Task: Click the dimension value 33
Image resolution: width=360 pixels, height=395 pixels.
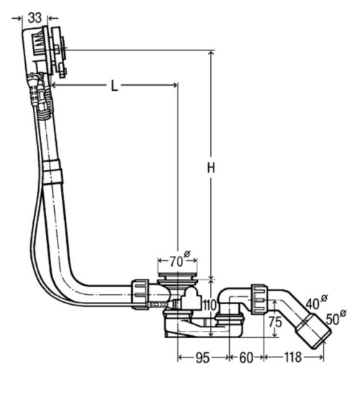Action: (x=35, y=18)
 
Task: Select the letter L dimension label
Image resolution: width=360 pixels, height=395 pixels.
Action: (x=114, y=86)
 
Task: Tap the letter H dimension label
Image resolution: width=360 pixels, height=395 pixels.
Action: (x=211, y=168)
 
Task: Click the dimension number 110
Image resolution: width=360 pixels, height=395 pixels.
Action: (x=210, y=305)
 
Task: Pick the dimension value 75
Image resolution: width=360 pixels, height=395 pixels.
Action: (x=275, y=321)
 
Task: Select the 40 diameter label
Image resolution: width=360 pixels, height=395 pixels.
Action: (x=316, y=302)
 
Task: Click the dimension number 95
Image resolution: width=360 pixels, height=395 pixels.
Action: (x=202, y=358)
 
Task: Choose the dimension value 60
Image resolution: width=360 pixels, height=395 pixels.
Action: (x=246, y=358)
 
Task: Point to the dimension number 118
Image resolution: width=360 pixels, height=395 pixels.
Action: (x=293, y=358)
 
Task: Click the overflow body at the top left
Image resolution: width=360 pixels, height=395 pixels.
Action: (x=44, y=52)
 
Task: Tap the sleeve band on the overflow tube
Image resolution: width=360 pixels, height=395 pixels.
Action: (x=53, y=173)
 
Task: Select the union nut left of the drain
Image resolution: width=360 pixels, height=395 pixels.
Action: (x=140, y=294)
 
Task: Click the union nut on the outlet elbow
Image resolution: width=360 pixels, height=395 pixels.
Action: (x=259, y=299)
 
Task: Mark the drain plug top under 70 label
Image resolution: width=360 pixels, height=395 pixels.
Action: (x=177, y=276)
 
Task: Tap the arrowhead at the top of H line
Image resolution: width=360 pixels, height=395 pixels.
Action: (x=211, y=53)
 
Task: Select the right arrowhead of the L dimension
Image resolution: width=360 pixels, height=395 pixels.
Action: (x=174, y=86)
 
